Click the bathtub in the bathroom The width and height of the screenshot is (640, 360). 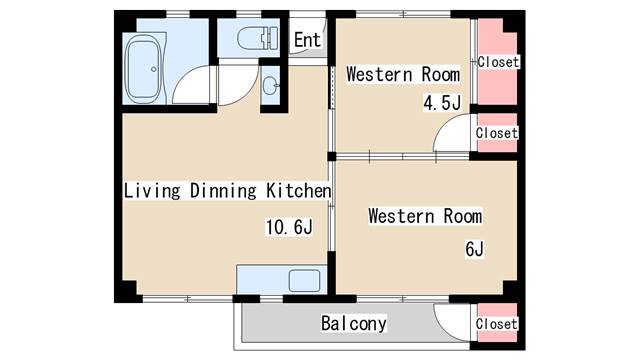click(143, 69)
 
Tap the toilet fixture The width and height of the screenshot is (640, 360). click(258, 38)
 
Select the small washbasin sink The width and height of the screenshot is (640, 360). click(271, 86)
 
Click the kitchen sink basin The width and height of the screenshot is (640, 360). click(304, 280)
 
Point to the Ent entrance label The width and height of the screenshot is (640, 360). click(307, 40)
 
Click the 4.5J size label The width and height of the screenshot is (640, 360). click(442, 102)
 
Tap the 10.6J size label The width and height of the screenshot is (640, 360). click(289, 227)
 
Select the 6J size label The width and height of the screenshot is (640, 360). click(474, 249)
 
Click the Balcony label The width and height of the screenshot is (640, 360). click(353, 323)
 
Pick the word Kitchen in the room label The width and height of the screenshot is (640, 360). click(298, 191)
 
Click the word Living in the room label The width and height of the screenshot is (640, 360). click(152, 191)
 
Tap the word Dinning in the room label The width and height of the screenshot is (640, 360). click(223, 191)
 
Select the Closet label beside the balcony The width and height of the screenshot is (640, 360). click(497, 324)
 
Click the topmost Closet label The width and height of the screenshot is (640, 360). click(498, 62)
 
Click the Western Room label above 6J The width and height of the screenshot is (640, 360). click(425, 216)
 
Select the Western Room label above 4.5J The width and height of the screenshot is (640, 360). click(403, 74)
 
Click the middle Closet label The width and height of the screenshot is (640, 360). click(497, 133)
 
